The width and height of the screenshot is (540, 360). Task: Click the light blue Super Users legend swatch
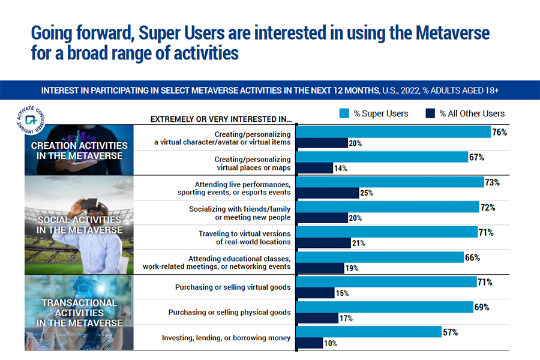click(344, 113)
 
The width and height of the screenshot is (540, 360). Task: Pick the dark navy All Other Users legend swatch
click(430, 113)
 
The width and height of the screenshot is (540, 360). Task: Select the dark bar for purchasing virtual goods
click(316, 293)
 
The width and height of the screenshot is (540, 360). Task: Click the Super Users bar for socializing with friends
click(390, 207)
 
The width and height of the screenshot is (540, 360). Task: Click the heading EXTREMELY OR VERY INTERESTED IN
click(221, 118)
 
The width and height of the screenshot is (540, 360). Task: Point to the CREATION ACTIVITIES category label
click(79, 151)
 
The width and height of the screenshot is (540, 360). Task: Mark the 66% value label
click(473, 257)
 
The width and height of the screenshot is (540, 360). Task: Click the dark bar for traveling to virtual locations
click(324, 243)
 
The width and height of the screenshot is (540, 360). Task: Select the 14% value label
click(340, 169)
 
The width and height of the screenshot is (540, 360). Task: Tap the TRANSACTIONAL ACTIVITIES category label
click(79, 313)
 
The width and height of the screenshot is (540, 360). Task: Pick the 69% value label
click(482, 307)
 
